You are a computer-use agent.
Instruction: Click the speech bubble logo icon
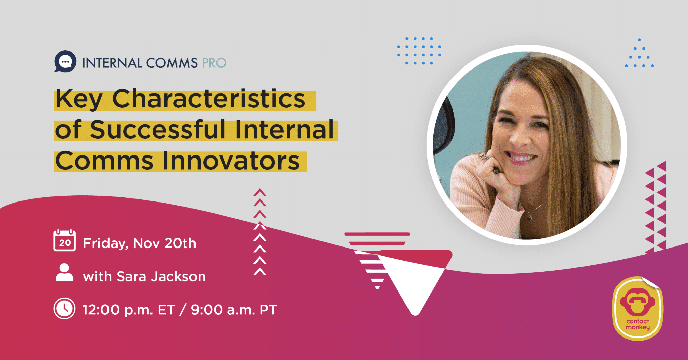[x=65, y=61]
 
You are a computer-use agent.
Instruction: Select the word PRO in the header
[x=214, y=63]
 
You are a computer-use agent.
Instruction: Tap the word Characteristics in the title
[x=208, y=99]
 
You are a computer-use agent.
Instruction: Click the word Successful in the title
[x=158, y=130]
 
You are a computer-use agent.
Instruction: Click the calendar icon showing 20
[x=64, y=240]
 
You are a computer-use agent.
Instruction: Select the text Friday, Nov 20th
[x=139, y=243]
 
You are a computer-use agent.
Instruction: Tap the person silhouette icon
[x=64, y=272]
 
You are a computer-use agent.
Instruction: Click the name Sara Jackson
[x=161, y=277]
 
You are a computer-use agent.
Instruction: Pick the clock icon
[x=64, y=308]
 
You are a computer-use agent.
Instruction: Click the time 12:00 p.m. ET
[x=129, y=310]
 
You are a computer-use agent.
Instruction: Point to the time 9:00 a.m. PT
[x=234, y=310]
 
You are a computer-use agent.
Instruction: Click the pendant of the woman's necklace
[x=530, y=217]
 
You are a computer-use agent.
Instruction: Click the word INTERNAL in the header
[x=112, y=63]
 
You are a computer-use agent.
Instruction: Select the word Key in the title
[x=79, y=99]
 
